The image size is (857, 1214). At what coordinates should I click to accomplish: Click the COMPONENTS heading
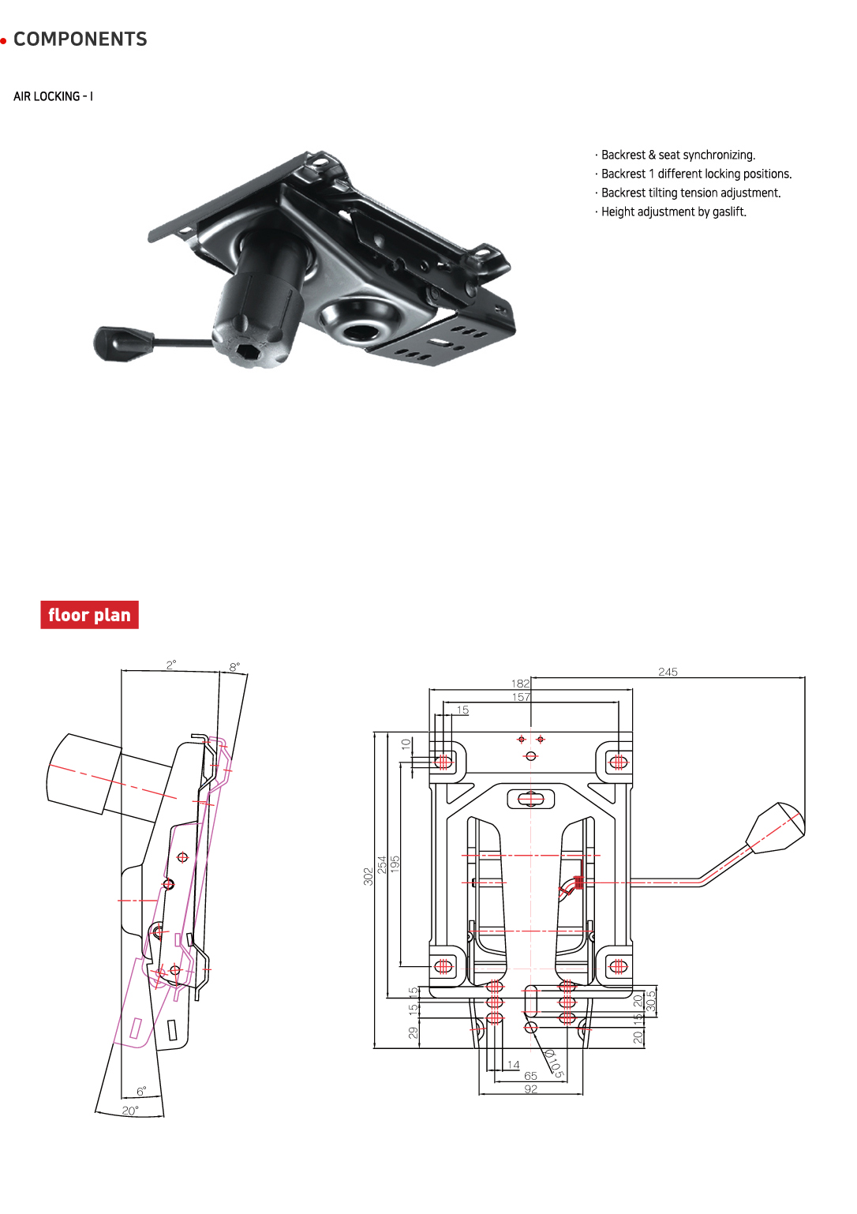coord(80,39)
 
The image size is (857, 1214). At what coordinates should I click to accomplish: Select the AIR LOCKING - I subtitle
coord(53,96)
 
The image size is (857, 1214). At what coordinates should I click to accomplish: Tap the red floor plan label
coord(89,615)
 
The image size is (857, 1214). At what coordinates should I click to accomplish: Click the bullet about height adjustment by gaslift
coord(673,212)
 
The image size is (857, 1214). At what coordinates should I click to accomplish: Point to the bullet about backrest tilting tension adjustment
coord(690,193)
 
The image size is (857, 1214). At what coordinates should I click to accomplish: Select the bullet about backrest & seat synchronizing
coord(678,155)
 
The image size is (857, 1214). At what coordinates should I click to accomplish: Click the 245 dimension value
coord(668,672)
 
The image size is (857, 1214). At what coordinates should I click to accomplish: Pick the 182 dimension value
coord(520,684)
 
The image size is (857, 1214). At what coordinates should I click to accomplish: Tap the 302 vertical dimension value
coord(368,876)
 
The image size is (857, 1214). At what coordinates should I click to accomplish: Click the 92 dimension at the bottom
coord(531,1088)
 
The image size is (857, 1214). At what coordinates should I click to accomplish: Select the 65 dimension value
coord(530,1076)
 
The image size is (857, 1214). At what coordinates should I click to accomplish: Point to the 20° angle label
coord(130,1111)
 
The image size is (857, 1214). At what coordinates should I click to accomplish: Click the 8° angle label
coord(234,667)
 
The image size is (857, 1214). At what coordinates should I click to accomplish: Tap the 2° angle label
coord(171,665)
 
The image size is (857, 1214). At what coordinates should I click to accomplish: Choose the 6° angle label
coord(141,1092)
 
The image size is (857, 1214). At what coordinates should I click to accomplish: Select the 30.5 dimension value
coord(651,1001)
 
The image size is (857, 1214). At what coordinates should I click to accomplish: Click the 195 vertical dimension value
coord(395,862)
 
